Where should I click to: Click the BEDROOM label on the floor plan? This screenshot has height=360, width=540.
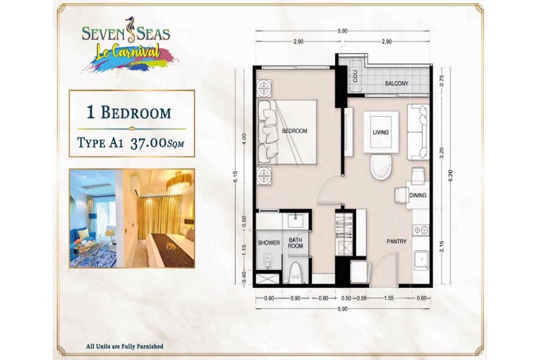pyautogui.click(x=295, y=131)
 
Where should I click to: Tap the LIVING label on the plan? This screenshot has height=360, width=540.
pyautogui.click(x=380, y=132)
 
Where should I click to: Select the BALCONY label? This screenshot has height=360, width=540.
pyautogui.click(x=396, y=83)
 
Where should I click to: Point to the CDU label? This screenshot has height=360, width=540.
pyautogui.click(x=355, y=76)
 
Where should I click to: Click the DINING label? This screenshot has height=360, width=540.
pyautogui.click(x=418, y=195)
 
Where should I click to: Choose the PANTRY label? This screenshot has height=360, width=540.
pyautogui.click(x=396, y=242)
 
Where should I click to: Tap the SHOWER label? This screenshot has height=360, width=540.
pyautogui.click(x=269, y=243)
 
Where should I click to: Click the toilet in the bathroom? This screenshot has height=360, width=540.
pyautogui.click(x=296, y=273)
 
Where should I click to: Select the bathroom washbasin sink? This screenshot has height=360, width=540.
pyautogui.click(x=296, y=220)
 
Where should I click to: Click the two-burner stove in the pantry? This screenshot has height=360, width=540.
pyautogui.click(x=421, y=230)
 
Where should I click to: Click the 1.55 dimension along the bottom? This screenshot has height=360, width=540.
pyautogui.click(x=389, y=298)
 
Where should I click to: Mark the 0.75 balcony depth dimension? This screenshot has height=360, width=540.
pyautogui.click(x=442, y=81)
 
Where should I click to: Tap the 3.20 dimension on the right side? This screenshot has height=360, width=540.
pyautogui.click(x=442, y=153)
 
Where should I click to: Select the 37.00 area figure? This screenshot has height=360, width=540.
pyautogui.click(x=149, y=143)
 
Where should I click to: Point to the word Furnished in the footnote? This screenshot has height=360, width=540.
pyautogui.click(x=147, y=346)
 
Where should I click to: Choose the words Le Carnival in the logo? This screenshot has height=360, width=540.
pyautogui.click(x=128, y=52)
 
